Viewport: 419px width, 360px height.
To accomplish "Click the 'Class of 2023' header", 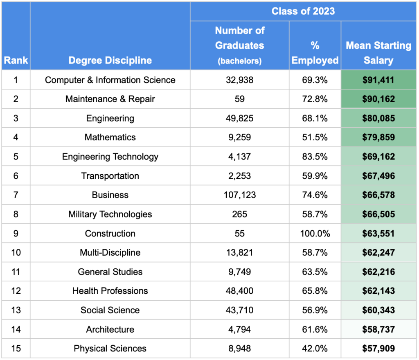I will (303, 11).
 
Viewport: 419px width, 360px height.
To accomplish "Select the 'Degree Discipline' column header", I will (110, 61).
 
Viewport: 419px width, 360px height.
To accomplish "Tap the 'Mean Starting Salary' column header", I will (378, 53).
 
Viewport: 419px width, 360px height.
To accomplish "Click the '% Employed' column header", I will (315, 53).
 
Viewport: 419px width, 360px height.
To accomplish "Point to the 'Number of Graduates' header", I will (239, 45).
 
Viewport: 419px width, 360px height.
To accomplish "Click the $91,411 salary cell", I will (378, 80).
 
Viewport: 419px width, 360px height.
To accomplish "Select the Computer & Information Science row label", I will (110, 80).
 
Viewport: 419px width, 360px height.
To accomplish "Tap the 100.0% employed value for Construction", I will (315, 234).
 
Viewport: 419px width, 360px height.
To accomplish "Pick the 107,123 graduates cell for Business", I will (239, 195).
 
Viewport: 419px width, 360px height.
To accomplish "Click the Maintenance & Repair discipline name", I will (110, 99).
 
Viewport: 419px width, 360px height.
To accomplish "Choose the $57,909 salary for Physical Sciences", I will (378, 349).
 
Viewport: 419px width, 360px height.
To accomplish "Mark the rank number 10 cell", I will (16, 253).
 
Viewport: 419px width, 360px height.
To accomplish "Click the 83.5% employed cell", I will (315, 157).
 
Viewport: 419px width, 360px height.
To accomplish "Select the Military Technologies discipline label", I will (110, 214).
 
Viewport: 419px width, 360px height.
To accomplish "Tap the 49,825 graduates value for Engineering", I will (239, 118).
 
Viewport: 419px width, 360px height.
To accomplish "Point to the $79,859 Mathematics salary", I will (378, 137).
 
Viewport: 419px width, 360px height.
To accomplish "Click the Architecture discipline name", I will (110, 329).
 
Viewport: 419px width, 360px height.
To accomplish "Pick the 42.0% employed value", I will (315, 349).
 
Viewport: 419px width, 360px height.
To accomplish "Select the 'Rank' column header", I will (16, 61).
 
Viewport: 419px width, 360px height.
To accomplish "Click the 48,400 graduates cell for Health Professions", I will (239, 291).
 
